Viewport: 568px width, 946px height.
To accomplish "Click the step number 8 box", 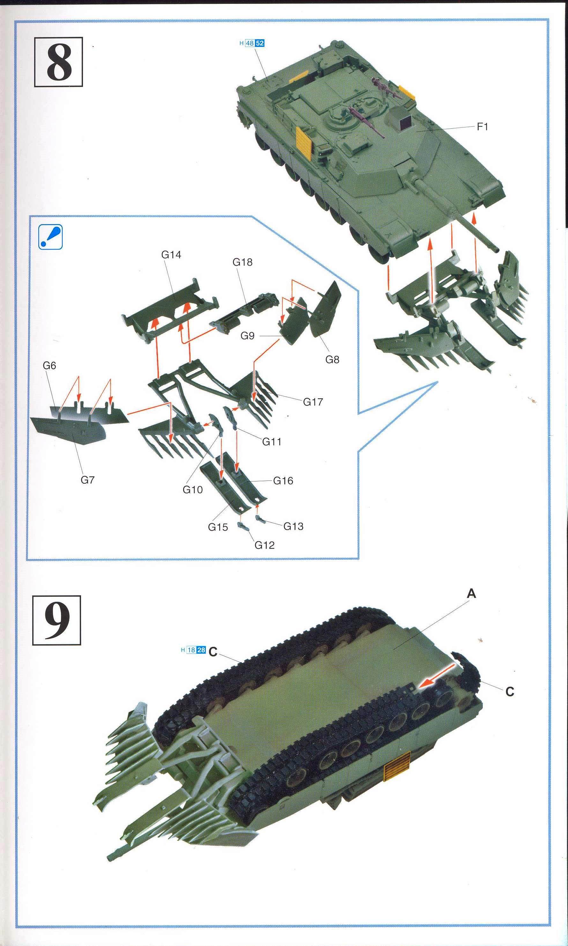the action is pyautogui.click(x=59, y=62).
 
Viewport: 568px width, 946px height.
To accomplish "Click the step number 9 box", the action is pyautogui.click(x=57, y=620).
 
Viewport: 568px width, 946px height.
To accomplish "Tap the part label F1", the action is pyautogui.click(x=482, y=127).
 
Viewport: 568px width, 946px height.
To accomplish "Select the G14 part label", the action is pyautogui.click(x=171, y=254).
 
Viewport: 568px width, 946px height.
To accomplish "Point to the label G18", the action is pyautogui.click(x=242, y=262).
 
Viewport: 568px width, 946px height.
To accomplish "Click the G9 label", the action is pyautogui.click(x=247, y=336).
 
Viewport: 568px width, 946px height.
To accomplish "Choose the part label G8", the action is pyautogui.click(x=332, y=359).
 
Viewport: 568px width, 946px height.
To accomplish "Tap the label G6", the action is pyautogui.click(x=49, y=366).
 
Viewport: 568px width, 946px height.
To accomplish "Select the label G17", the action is pyautogui.click(x=313, y=402).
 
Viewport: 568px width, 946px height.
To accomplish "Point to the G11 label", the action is pyautogui.click(x=272, y=442).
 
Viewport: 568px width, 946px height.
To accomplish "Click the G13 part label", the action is pyautogui.click(x=293, y=526).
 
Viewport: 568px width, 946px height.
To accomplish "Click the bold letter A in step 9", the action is pyautogui.click(x=471, y=594).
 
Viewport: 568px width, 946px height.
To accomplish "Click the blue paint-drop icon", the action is pyautogui.click(x=50, y=237).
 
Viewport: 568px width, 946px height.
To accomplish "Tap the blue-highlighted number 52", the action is pyautogui.click(x=259, y=43).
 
